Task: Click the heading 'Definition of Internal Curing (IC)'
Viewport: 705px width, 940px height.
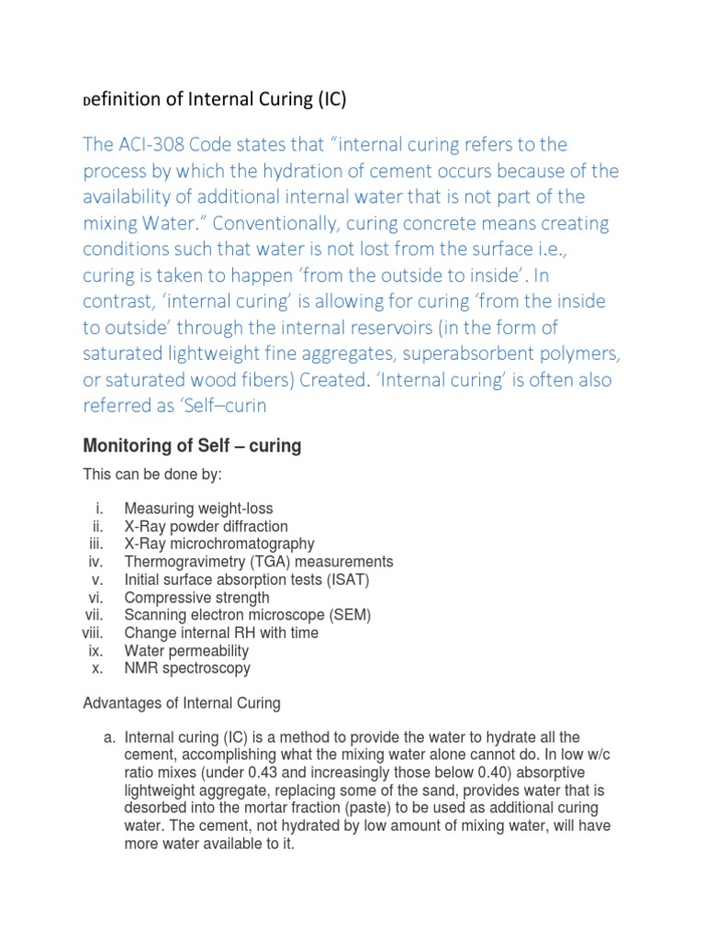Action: (215, 99)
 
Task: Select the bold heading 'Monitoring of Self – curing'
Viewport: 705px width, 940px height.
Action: (192, 446)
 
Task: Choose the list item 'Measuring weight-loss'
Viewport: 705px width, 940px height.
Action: (198, 509)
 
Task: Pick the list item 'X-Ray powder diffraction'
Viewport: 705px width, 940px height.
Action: (206, 526)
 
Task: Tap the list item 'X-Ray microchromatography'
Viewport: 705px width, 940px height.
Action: (218, 543)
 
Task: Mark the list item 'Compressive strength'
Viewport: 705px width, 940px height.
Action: (196, 598)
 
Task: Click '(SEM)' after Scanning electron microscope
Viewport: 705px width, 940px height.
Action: (352, 615)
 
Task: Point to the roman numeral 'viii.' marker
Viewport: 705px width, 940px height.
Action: (93, 633)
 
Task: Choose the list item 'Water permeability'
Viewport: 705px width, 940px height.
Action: (187, 651)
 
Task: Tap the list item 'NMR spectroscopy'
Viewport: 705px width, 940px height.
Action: (187, 668)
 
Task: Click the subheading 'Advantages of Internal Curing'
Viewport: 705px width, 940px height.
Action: (182, 704)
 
